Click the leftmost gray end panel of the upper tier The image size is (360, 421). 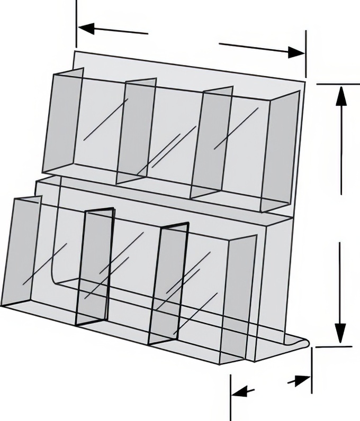(x=62, y=123)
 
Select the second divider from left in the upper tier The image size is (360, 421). (x=136, y=130)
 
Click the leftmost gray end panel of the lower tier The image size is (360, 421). (x=20, y=252)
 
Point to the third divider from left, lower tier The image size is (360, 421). (x=168, y=283)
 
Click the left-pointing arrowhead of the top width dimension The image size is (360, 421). (x=86, y=29)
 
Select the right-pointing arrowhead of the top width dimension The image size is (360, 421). (x=296, y=52)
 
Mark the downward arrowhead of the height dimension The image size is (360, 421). (x=340, y=332)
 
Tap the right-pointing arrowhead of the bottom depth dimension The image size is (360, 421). (x=303, y=380)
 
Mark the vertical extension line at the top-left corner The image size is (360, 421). (x=76, y=21)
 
